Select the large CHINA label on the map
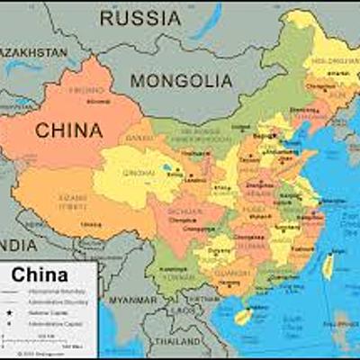[68, 130]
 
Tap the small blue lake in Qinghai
[168, 167]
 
